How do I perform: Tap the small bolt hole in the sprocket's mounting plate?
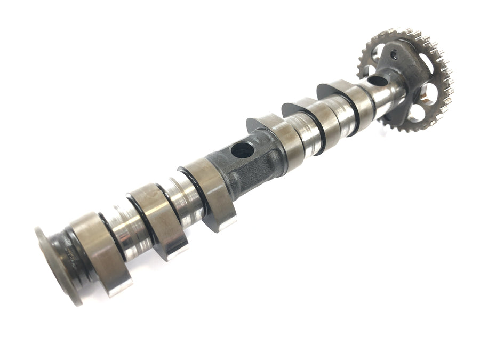tap(394, 53)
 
